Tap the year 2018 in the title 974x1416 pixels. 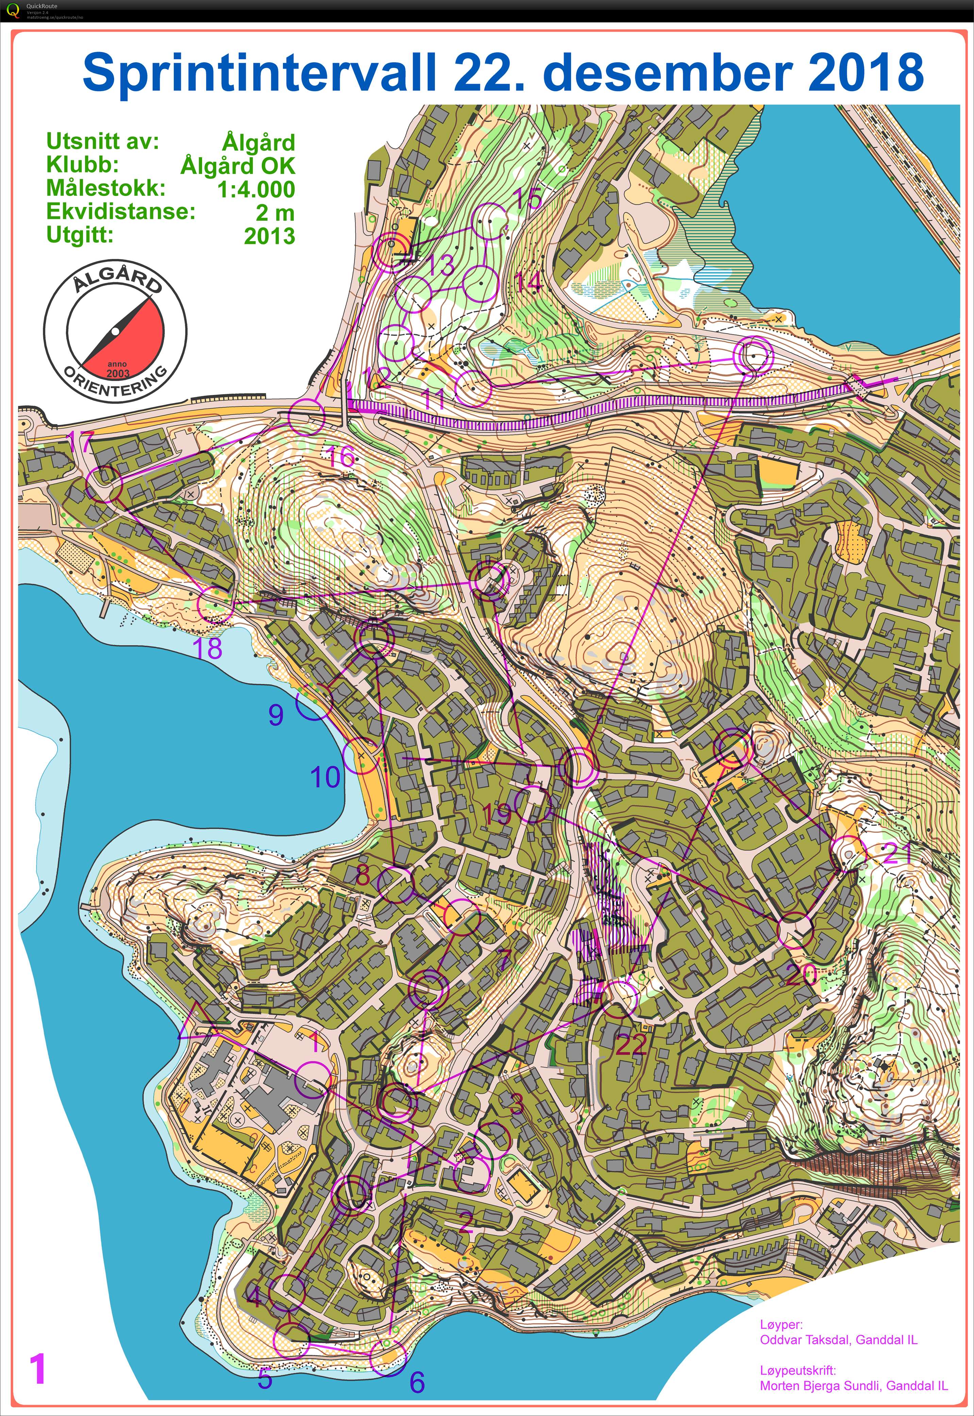point(866,72)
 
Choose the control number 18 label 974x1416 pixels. point(207,649)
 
